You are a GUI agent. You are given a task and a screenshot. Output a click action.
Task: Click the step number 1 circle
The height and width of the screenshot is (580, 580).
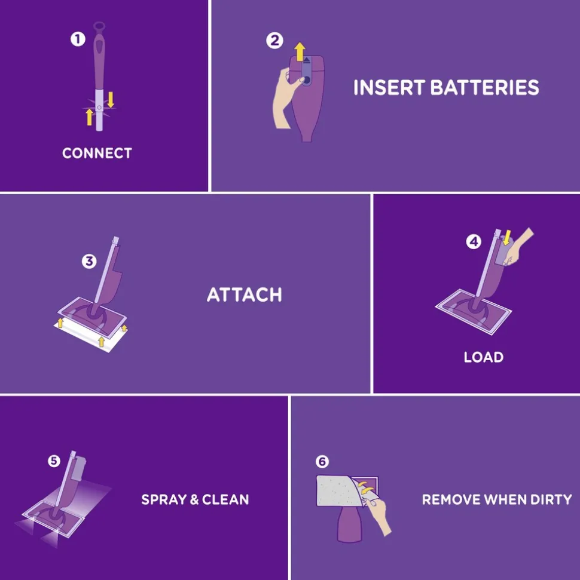click(78, 39)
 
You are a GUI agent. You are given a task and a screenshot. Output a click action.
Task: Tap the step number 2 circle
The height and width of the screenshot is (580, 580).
click(274, 40)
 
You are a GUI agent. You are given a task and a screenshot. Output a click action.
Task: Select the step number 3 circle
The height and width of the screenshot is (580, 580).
click(89, 261)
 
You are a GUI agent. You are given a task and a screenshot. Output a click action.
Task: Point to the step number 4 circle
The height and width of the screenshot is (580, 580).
click(474, 242)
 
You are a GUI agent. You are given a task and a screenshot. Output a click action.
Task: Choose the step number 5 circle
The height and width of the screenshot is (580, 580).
click(54, 461)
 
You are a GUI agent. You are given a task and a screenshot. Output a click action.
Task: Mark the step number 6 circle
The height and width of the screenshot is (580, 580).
click(322, 461)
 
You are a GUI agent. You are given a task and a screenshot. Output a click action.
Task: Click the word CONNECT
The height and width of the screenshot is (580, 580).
click(97, 153)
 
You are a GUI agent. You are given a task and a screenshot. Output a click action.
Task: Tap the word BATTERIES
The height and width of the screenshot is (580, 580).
click(484, 88)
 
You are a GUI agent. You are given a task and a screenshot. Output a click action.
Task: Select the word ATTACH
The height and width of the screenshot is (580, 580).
click(245, 295)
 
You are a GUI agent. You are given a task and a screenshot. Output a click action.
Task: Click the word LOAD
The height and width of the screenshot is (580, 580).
click(484, 357)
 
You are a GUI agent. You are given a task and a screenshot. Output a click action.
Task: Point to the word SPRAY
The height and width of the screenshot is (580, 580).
click(164, 499)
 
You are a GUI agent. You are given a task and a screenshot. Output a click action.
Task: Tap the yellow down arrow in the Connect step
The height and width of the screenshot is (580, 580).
click(111, 100)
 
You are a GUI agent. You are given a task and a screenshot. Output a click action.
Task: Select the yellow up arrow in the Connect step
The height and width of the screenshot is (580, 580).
click(89, 116)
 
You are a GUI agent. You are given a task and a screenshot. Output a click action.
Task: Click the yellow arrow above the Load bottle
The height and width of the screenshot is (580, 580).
click(506, 237)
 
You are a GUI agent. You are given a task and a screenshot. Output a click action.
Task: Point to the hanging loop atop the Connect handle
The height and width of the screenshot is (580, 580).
click(99, 27)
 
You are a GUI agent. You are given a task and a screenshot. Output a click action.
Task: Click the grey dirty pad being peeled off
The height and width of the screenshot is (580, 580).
click(338, 491)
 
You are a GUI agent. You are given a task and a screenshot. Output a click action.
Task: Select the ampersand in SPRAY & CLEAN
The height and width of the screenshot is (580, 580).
click(194, 500)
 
